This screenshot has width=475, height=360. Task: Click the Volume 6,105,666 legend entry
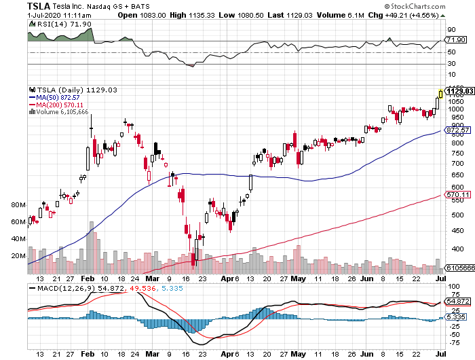(61, 112)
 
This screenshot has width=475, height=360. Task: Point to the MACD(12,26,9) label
(57, 289)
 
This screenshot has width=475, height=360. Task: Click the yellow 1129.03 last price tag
(459, 90)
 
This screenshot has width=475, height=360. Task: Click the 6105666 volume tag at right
(459, 269)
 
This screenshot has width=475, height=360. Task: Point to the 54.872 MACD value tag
(457, 301)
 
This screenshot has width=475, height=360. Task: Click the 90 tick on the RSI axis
(451, 30)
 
